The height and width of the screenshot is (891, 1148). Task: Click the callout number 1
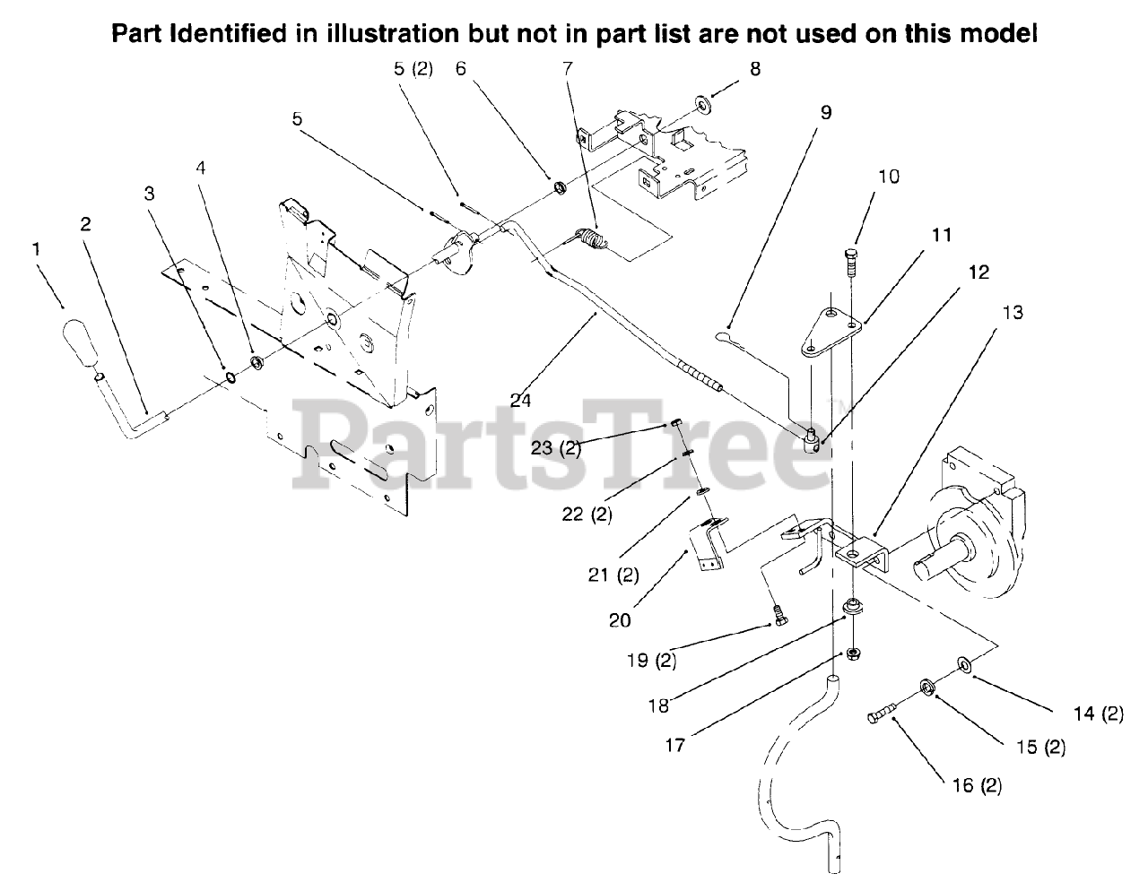37,250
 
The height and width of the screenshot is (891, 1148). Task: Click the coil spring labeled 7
589,242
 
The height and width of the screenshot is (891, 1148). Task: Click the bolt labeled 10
850,262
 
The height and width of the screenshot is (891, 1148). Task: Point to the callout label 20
619,619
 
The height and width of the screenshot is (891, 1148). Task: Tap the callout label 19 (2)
651,662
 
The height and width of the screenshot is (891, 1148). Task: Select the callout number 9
825,112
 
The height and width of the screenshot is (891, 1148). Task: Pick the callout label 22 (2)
585,515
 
